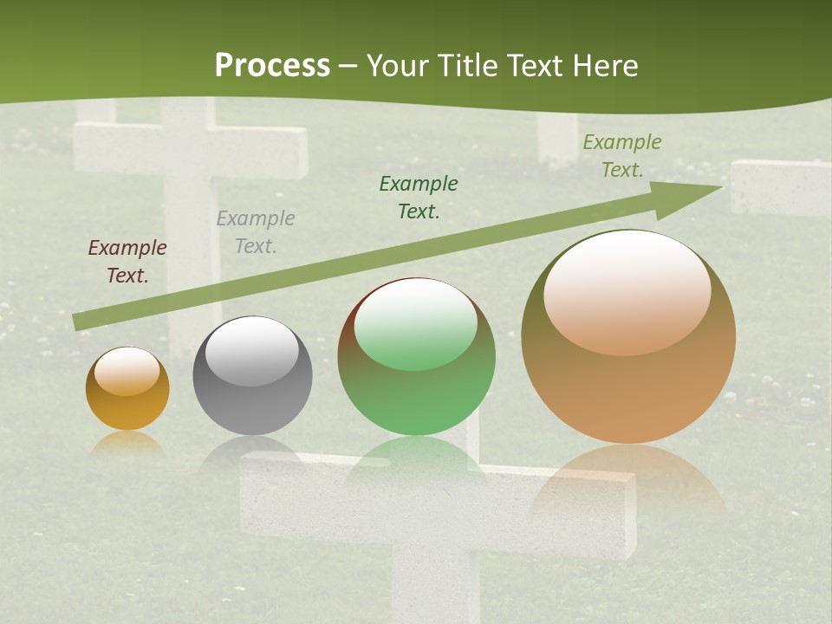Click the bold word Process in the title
[272, 66]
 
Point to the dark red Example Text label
[127, 262]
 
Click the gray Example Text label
[256, 232]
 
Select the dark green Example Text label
[419, 197]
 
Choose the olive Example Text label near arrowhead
[621, 156]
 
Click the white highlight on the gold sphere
[127, 371]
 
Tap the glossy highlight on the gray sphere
[251, 350]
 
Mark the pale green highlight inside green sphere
[416, 323]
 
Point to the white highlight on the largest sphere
[627, 292]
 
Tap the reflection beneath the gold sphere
[127, 445]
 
